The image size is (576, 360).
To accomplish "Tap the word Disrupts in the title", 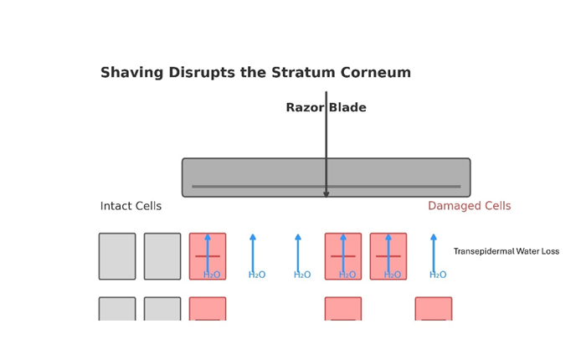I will click(x=201, y=73).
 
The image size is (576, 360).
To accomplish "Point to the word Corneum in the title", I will click(x=378, y=73).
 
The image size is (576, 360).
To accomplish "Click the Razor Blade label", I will click(x=326, y=108).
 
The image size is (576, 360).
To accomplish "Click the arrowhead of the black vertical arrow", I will click(x=327, y=195).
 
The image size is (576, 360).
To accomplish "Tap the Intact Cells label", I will click(x=131, y=206).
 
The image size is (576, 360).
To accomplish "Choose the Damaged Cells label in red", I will click(x=469, y=206).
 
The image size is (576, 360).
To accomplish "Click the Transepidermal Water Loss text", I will click(x=506, y=251).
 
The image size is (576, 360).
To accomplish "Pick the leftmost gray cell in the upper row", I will click(x=117, y=256).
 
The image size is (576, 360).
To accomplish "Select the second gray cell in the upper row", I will click(x=162, y=256).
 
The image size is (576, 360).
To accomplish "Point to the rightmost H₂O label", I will click(x=438, y=275).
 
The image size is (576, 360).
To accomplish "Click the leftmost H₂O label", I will click(x=212, y=275).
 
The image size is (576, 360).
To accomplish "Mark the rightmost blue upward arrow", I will click(x=434, y=251).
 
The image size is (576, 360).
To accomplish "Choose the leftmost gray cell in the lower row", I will click(x=117, y=309).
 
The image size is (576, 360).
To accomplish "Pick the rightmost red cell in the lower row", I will click(x=434, y=309).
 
